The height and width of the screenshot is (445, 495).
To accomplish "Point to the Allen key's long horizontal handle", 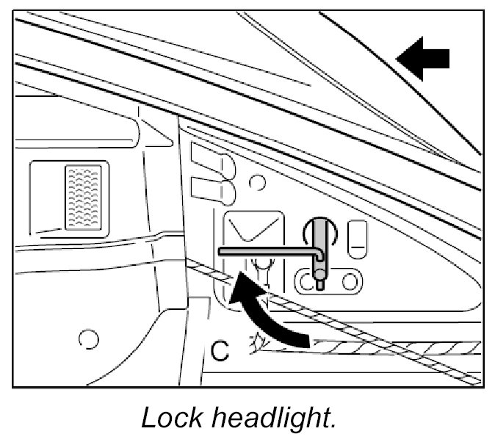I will pos(268,251).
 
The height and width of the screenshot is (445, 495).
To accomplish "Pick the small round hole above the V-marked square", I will pos(256,181).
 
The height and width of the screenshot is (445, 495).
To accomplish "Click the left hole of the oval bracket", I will pos(304,281).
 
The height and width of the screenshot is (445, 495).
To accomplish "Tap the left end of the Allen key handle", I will pos(222,251).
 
